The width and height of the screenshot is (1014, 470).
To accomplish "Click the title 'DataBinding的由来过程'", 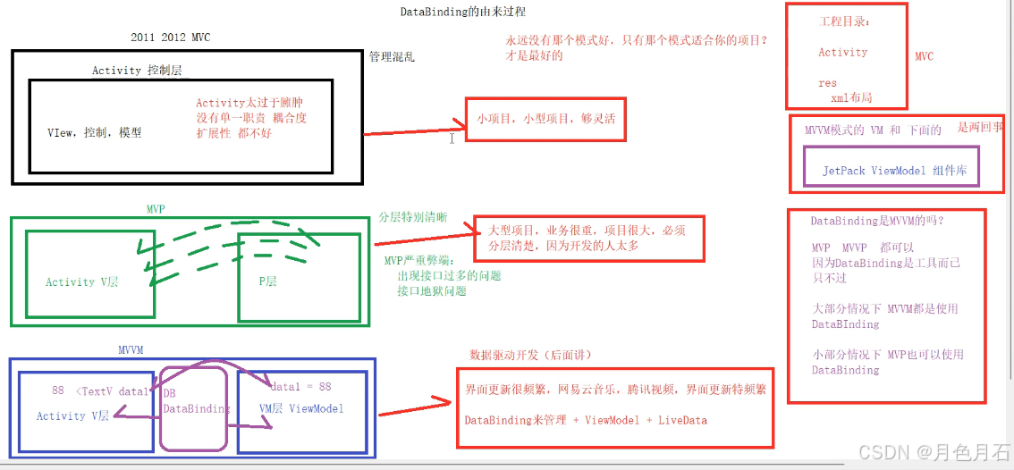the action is [x=462, y=13].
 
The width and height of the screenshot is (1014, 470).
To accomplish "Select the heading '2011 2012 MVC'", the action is [x=171, y=38].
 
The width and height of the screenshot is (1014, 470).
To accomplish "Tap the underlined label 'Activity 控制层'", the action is [x=138, y=71].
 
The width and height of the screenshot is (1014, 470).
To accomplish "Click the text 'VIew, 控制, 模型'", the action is [x=94, y=132].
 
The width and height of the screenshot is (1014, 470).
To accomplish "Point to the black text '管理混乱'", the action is [x=392, y=57].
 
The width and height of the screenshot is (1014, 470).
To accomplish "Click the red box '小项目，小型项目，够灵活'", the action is [x=545, y=119].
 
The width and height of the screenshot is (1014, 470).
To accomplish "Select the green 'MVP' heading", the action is [x=156, y=208].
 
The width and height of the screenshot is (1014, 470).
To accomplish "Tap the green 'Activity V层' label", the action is [x=82, y=282].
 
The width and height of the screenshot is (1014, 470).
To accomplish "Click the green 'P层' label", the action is [x=268, y=281].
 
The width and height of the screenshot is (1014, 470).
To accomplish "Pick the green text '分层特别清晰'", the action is [x=413, y=217].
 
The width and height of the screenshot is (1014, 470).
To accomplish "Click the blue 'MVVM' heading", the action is [x=131, y=349].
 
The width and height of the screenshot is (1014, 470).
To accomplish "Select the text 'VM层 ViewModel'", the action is [x=301, y=409].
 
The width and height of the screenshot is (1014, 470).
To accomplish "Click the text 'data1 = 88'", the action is [x=300, y=387].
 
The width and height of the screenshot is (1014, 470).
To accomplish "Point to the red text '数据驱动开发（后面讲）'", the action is [x=531, y=356].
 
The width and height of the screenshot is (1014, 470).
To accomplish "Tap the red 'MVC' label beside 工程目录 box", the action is [x=924, y=56].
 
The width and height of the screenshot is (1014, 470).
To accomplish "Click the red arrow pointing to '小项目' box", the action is [x=413, y=130].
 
